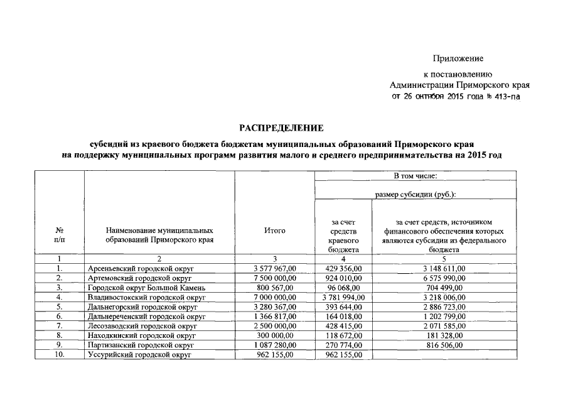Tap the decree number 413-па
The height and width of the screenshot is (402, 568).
[x=506, y=97]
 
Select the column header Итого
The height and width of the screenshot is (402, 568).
[x=275, y=231]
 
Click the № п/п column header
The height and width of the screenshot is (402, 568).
[x=58, y=235]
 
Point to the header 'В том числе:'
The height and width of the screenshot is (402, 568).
[x=415, y=176]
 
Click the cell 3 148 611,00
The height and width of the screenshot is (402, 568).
[x=444, y=268]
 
